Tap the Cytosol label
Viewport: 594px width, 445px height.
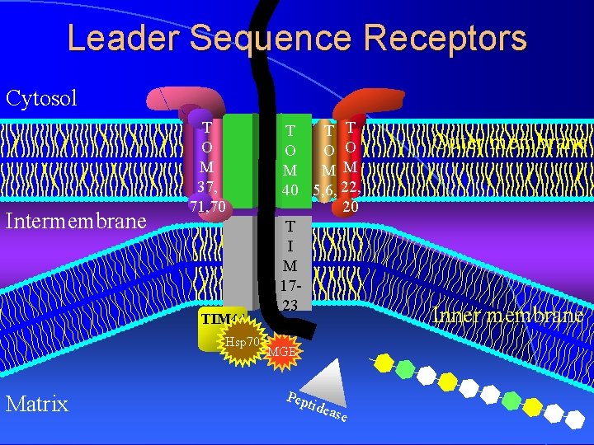pyautogui.click(x=41, y=99)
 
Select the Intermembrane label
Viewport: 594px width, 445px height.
pyautogui.click(x=76, y=221)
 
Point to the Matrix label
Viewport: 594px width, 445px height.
pyautogui.click(x=37, y=403)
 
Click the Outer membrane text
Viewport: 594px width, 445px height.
pyautogui.click(x=511, y=142)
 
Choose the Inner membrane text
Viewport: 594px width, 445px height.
pyautogui.click(x=507, y=315)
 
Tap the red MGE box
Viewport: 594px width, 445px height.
pyautogui.click(x=283, y=352)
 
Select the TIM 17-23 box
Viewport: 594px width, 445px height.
pyautogui.click(x=290, y=265)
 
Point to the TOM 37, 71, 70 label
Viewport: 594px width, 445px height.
pyautogui.click(x=207, y=165)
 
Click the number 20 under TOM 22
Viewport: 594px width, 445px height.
pyautogui.click(x=350, y=208)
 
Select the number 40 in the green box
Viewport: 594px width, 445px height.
pyautogui.click(x=290, y=190)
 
